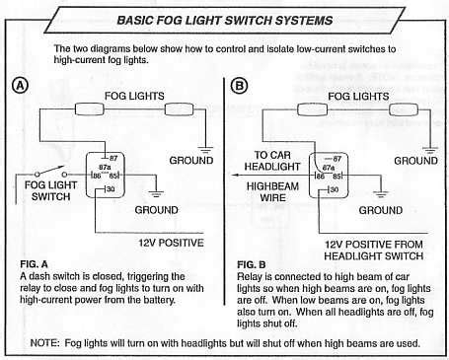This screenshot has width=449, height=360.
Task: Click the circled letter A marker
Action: [x=20, y=87]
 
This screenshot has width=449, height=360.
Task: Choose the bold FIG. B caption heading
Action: [x=255, y=265]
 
